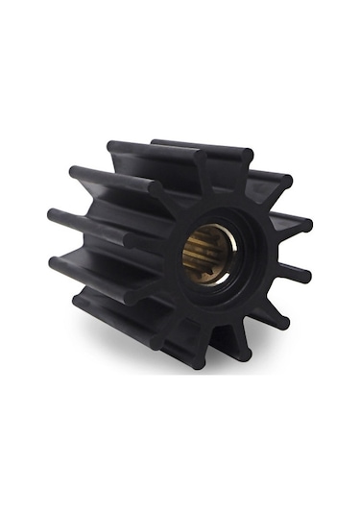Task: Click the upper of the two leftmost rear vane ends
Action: coord(54,213)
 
